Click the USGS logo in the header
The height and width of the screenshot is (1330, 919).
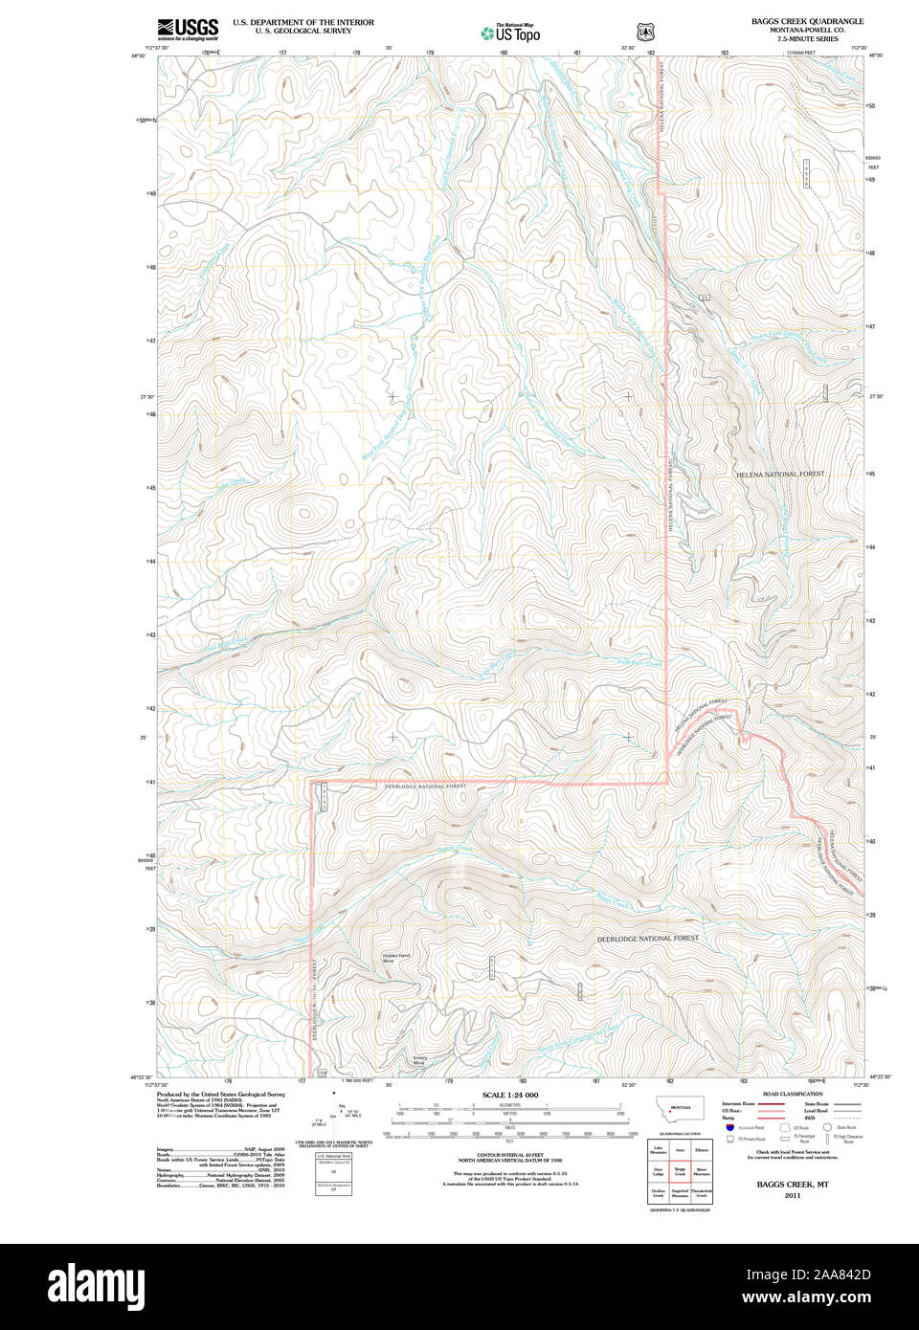pyautogui.click(x=188, y=28)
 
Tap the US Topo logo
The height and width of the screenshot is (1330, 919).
pyautogui.click(x=511, y=33)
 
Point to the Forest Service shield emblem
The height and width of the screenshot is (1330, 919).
pyautogui.click(x=645, y=32)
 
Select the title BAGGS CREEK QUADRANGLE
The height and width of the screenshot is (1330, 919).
pyautogui.click(x=806, y=21)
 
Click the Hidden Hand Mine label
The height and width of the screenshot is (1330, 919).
pyautogui.click(x=395, y=958)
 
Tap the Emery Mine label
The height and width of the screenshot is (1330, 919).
pyautogui.click(x=419, y=1060)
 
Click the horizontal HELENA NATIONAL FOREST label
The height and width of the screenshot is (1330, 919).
pyautogui.click(x=779, y=475)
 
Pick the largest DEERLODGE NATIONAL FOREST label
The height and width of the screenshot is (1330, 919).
pyautogui.click(x=647, y=939)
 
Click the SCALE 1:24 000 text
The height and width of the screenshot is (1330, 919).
pyautogui.click(x=509, y=1095)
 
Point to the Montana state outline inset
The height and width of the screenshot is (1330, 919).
pyautogui.click(x=680, y=1108)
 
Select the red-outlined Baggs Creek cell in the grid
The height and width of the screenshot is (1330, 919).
pyautogui.click(x=680, y=1171)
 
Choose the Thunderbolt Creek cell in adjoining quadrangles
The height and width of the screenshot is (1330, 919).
pyautogui.click(x=702, y=1193)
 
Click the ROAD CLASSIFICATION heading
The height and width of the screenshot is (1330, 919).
pyautogui.click(x=792, y=1094)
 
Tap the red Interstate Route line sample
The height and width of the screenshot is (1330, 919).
pyautogui.click(x=772, y=1104)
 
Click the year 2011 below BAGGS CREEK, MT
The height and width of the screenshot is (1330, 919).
pyautogui.click(x=792, y=1195)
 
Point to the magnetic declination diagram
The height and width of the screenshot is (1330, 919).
pyautogui.click(x=335, y=1112)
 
